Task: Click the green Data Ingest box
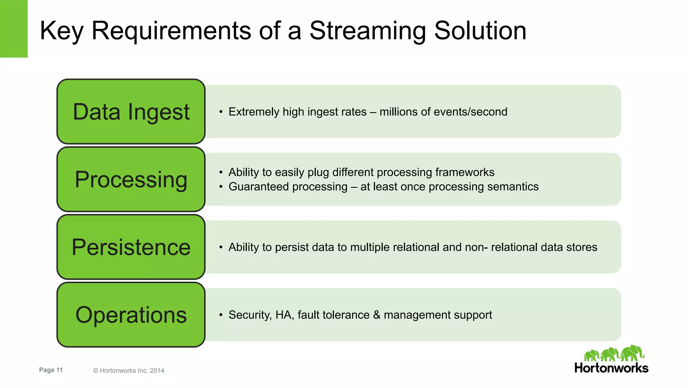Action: pos(131,112)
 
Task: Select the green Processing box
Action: pos(131,179)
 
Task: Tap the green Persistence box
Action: pos(131,247)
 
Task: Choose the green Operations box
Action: pos(131,315)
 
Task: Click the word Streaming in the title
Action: pos(368,31)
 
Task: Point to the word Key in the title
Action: pos(61,31)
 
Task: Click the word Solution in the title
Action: pos(480,31)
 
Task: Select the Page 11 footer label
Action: pos(51,370)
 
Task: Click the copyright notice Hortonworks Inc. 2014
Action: pos(129,371)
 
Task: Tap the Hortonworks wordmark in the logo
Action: pos(611,368)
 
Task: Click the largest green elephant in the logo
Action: pos(632,353)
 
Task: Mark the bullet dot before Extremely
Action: pos(221,112)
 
